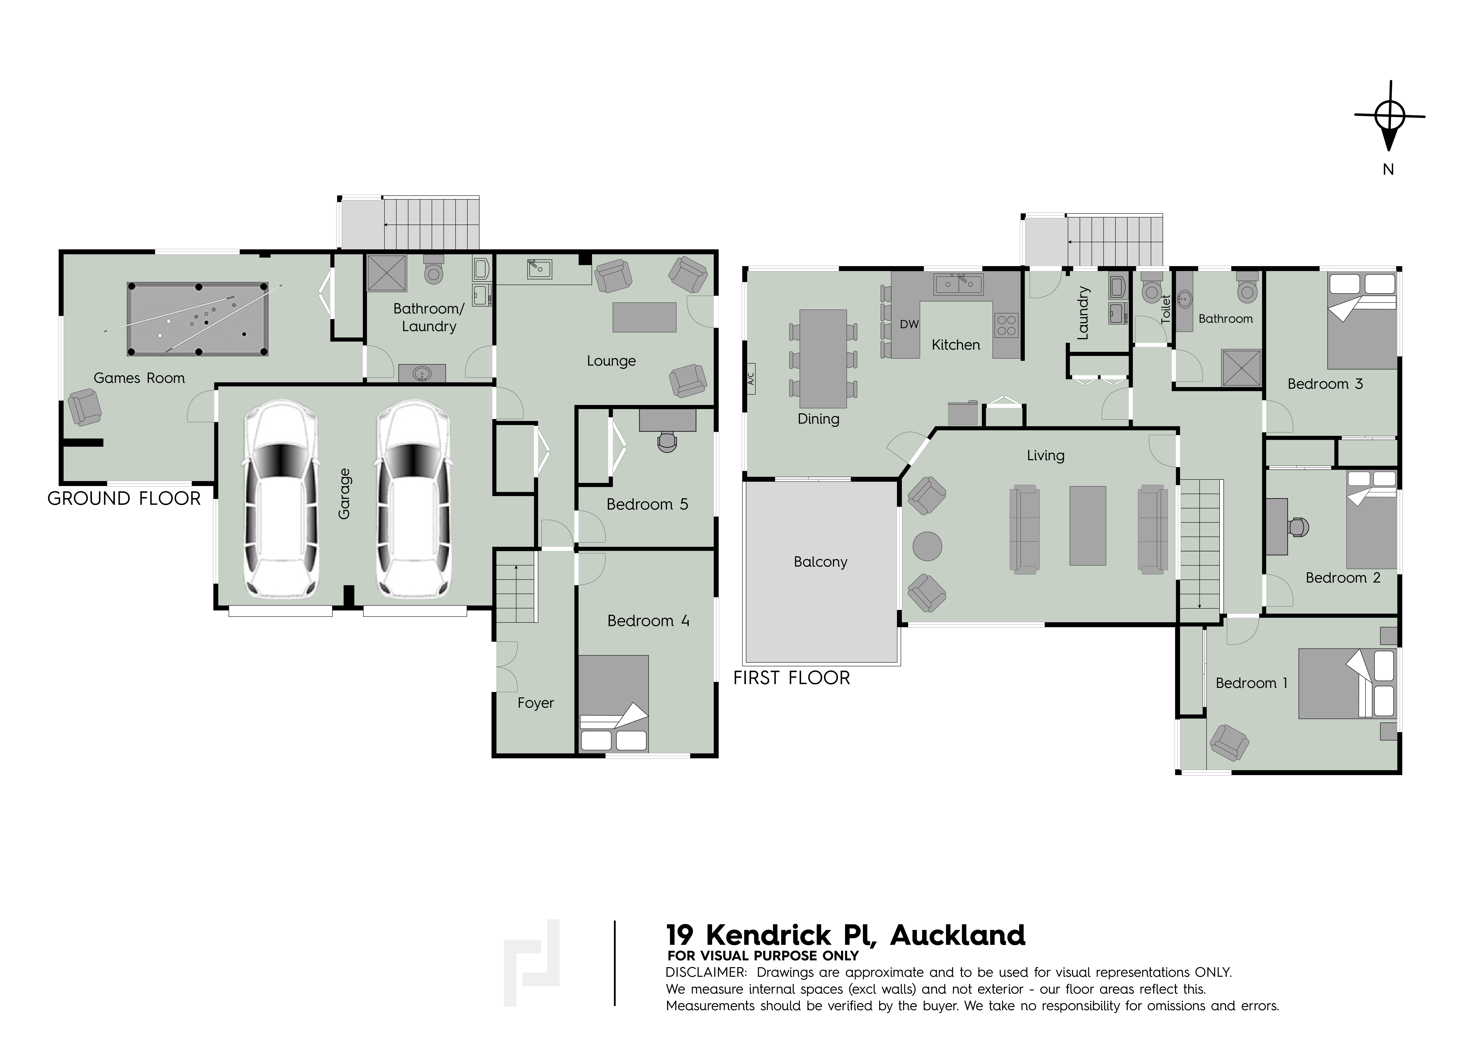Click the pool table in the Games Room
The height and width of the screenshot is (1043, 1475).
point(198,319)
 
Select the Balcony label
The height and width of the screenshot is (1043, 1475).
point(820,562)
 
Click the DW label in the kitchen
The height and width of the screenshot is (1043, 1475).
point(909,325)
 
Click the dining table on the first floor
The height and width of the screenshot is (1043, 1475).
point(823,359)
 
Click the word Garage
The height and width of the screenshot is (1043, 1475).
point(344,494)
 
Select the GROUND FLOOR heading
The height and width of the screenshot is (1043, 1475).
point(124,499)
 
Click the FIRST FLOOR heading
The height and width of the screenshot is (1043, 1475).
point(792,678)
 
